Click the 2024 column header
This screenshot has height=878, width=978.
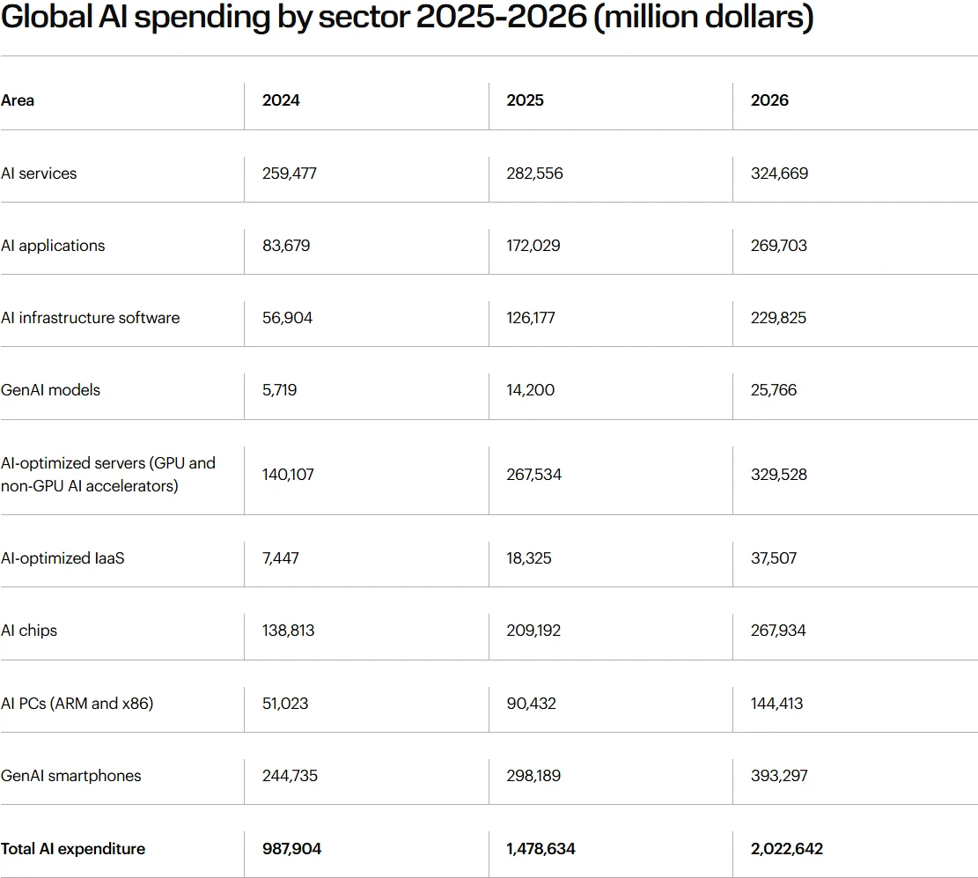(x=281, y=100)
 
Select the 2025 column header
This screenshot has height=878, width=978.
(x=525, y=100)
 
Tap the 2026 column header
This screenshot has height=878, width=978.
(x=769, y=100)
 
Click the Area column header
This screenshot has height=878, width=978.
(x=18, y=100)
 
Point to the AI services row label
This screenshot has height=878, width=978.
(x=39, y=173)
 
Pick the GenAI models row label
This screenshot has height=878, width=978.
(x=51, y=389)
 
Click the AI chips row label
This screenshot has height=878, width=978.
(x=29, y=631)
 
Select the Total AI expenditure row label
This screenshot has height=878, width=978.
(x=73, y=849)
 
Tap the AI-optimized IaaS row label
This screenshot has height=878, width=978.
(x=63, y=558)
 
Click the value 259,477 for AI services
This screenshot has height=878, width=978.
(x=289, y=173)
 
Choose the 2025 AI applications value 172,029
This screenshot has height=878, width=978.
(x=534, y=246)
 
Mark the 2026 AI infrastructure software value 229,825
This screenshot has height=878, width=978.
(x=779, y=318)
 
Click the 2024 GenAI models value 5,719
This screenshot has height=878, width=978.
(x=279, y=389)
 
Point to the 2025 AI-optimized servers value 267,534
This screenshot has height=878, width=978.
(x=533, y=475)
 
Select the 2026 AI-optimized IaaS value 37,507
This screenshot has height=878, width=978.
(x=774, y=558)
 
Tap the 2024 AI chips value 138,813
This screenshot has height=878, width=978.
(x=288, y=631)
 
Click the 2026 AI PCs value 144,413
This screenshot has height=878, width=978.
(x=776, y=704)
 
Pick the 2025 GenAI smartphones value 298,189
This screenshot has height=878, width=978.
(x=533, y=776)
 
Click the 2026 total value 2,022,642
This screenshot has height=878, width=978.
(x=787, y=849)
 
